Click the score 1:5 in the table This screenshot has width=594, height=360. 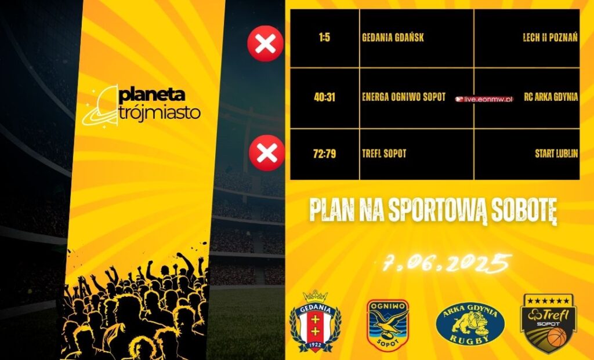324,38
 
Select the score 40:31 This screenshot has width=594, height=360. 324,97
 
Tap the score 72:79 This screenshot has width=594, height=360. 324,154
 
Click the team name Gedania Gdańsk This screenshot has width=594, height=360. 393,38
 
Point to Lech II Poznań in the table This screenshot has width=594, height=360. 550,38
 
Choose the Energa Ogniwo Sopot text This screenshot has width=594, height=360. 404,97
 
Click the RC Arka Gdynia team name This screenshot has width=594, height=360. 551,97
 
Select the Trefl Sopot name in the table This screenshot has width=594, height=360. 384,153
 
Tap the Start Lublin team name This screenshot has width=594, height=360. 556,153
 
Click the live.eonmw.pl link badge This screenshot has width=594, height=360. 484,99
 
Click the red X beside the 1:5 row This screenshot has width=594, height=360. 265,43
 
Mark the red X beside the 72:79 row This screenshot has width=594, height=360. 267,153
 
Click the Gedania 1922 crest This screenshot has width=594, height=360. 315,321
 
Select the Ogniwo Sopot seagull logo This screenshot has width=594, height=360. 388,325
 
